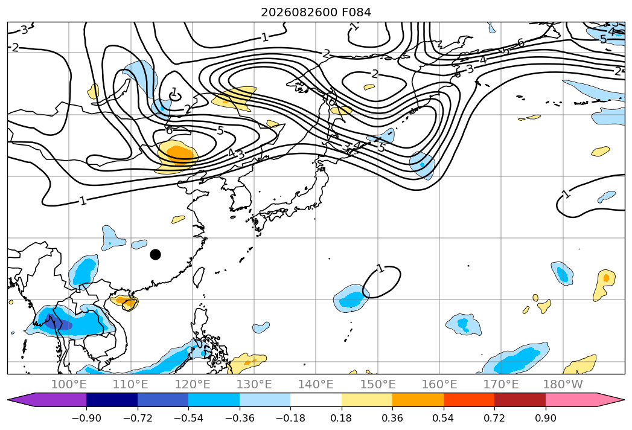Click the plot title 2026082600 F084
click(x=316, y=12)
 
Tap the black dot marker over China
click(x=155, y=254)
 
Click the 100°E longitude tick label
click(x=69, y=384)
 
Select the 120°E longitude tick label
click(x=193, y=384)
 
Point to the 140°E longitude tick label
click(x=316, y=384)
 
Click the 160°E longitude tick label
click(x=439, y=384)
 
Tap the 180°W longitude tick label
click(x=563, y=384)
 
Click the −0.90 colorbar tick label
click(x=86, y=418)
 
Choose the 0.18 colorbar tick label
click(x=342, y=418)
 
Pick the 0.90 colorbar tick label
click(x=545, y=418)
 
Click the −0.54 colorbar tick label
click(x=188, y=418)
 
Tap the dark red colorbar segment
click(x=520, y=399)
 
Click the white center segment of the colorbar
click(x=316, y=399)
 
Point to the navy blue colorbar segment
click(x=112, y=399)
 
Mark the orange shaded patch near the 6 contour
click(x=177, y=153)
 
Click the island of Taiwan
click(x=197, y=277)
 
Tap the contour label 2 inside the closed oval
click(x=375, y=74)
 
